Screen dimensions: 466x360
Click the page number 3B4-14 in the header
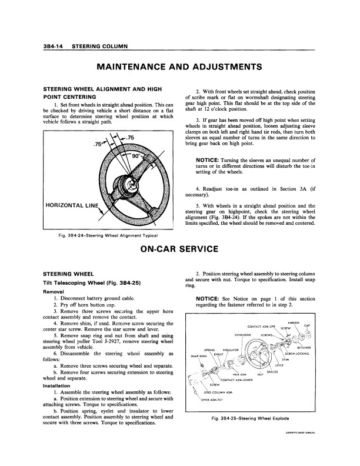(x=51, y=46)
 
